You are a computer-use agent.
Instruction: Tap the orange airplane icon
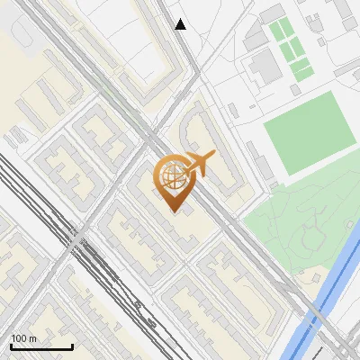tap(200, 164)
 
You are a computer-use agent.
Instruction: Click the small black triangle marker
tap(181, 24)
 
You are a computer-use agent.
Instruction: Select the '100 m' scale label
tap(24, 338)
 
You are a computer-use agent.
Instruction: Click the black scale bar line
tap(41, 347)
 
